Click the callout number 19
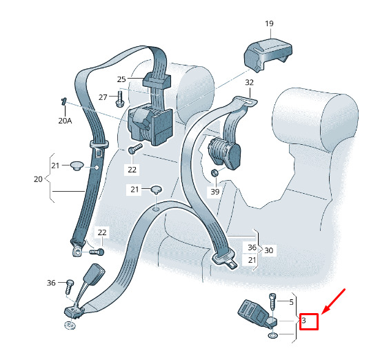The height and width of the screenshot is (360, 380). pyautogui.click(x=269, y=23)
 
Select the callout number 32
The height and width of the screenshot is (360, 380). pyautogui.click(x=249, y=83)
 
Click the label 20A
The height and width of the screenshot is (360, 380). pyautogui.click(x=65, y=121)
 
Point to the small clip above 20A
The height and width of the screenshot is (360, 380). pyautogui.click(x=64, y=101)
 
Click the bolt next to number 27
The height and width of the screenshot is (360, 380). pyautogui.click(x=120, y=99)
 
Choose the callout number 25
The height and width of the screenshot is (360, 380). pyautogui.click(x=121, y=79)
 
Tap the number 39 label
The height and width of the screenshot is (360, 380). pyautogui.click(x=215, y=192)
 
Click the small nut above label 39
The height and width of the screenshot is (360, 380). pyautogui.click(x=214, y=172)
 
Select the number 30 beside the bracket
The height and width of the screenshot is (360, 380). pyautogui.click(x=268, y=250)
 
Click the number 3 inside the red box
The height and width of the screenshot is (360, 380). pyautogui.click(x=304, y=321)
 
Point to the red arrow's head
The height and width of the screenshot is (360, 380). pyautogui.click(x=322, y=314)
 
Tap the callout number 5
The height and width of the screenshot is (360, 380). pyautogui.click(x=291, y=302)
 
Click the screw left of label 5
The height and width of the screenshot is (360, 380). pyautogui.click(x=272, y=302)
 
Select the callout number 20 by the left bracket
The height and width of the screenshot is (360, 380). pyautogui.click(x=38, y=179)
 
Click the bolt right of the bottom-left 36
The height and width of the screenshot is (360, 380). pyautogui.click(x=70, y=286)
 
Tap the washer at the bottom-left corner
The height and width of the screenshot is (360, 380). pyautogui.click(x=70, y=325)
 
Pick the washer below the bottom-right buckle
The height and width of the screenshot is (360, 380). pyautogui.click(x=273, y=335)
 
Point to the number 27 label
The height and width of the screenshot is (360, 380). pyautogui.click(x=103, y=97)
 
